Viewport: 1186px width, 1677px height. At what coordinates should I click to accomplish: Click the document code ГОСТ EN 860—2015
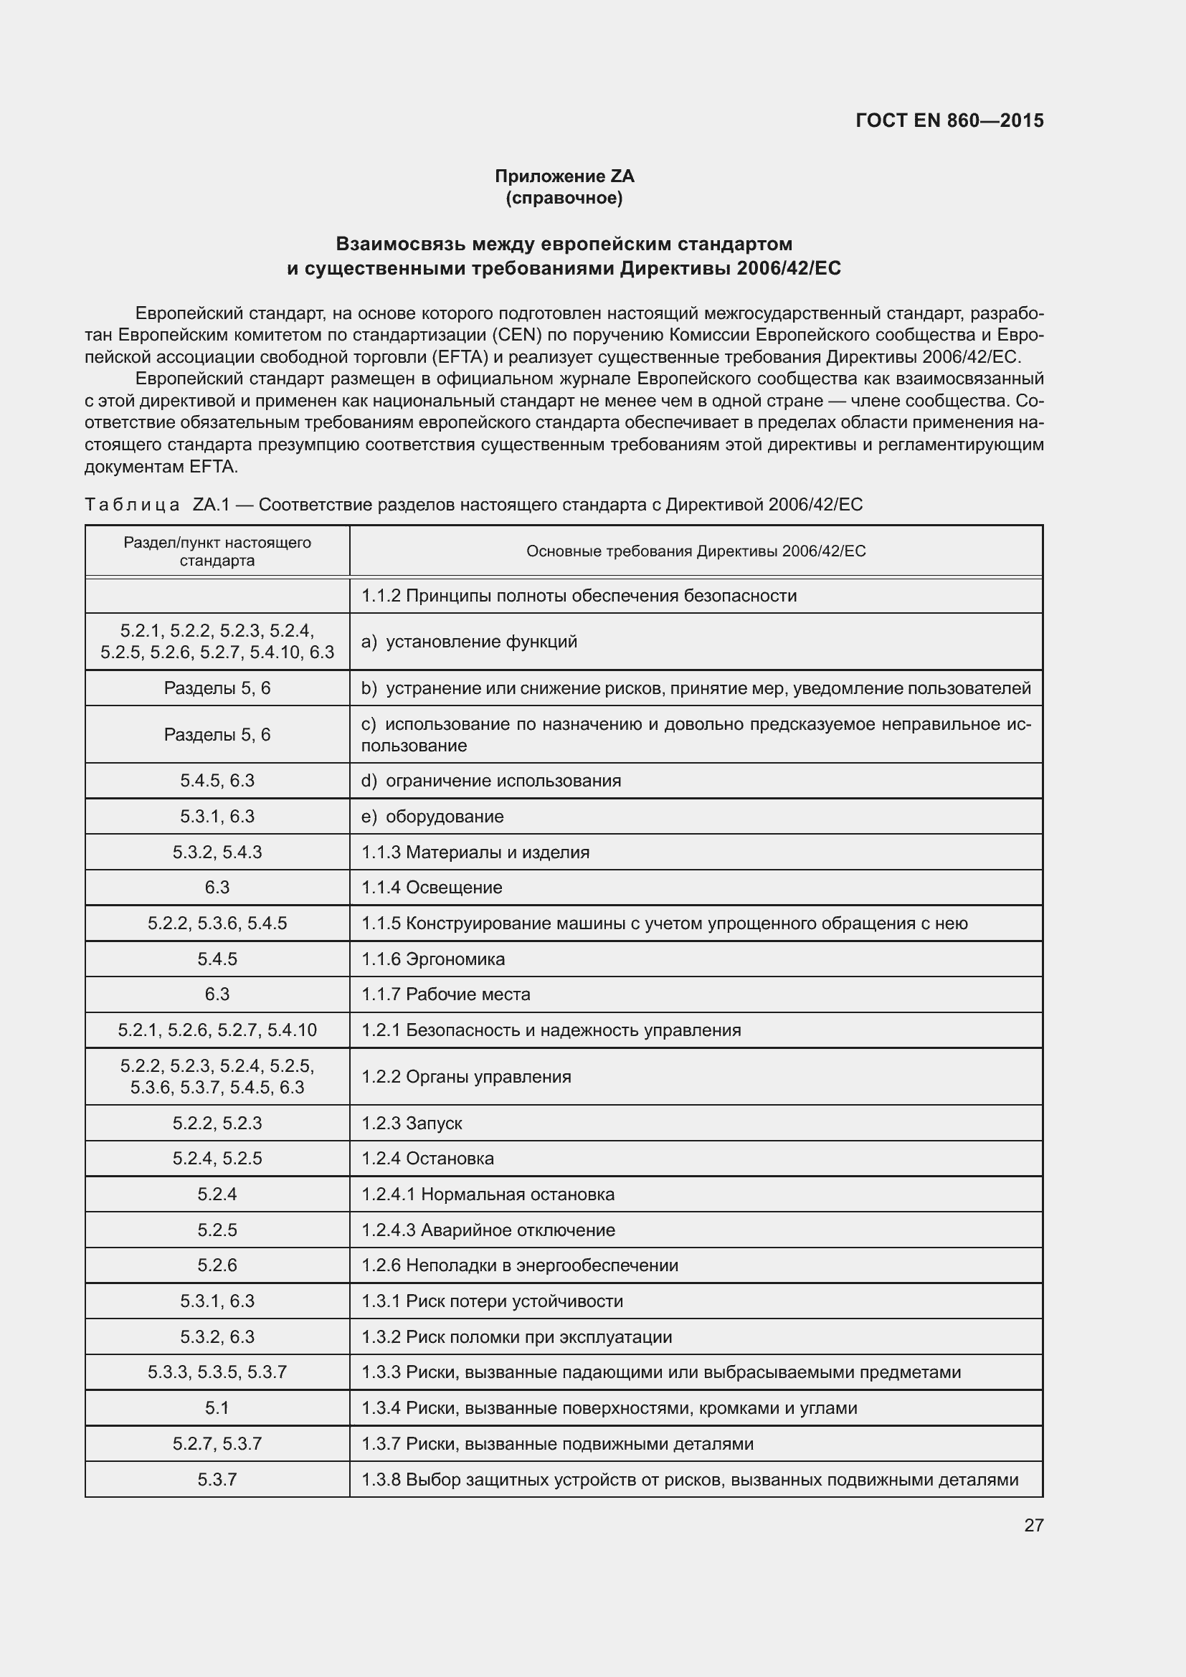pos(949,120)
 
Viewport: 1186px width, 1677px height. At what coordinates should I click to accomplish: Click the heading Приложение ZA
pos(564,176)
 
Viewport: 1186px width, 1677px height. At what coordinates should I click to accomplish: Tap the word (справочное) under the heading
pos(564,198)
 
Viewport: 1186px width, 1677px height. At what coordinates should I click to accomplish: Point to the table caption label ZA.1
pos(211,505)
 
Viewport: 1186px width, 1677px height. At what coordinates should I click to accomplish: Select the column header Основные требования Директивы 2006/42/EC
pos(696,551)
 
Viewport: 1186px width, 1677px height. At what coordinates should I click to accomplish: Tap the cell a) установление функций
pos(470,641)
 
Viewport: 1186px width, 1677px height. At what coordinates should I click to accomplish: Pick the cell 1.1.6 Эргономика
pos(433,959)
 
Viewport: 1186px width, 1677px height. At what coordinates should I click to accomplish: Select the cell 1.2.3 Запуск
pos(412,1123)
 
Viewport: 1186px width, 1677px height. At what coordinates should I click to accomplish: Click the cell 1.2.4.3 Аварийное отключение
pos(488,1230)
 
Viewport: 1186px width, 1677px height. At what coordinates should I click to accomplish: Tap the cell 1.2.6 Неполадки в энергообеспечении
pos(519,1265)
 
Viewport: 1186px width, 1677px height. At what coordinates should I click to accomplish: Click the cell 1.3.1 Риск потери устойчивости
pos(492,1301)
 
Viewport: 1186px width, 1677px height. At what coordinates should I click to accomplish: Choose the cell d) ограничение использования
pos(490,781)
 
